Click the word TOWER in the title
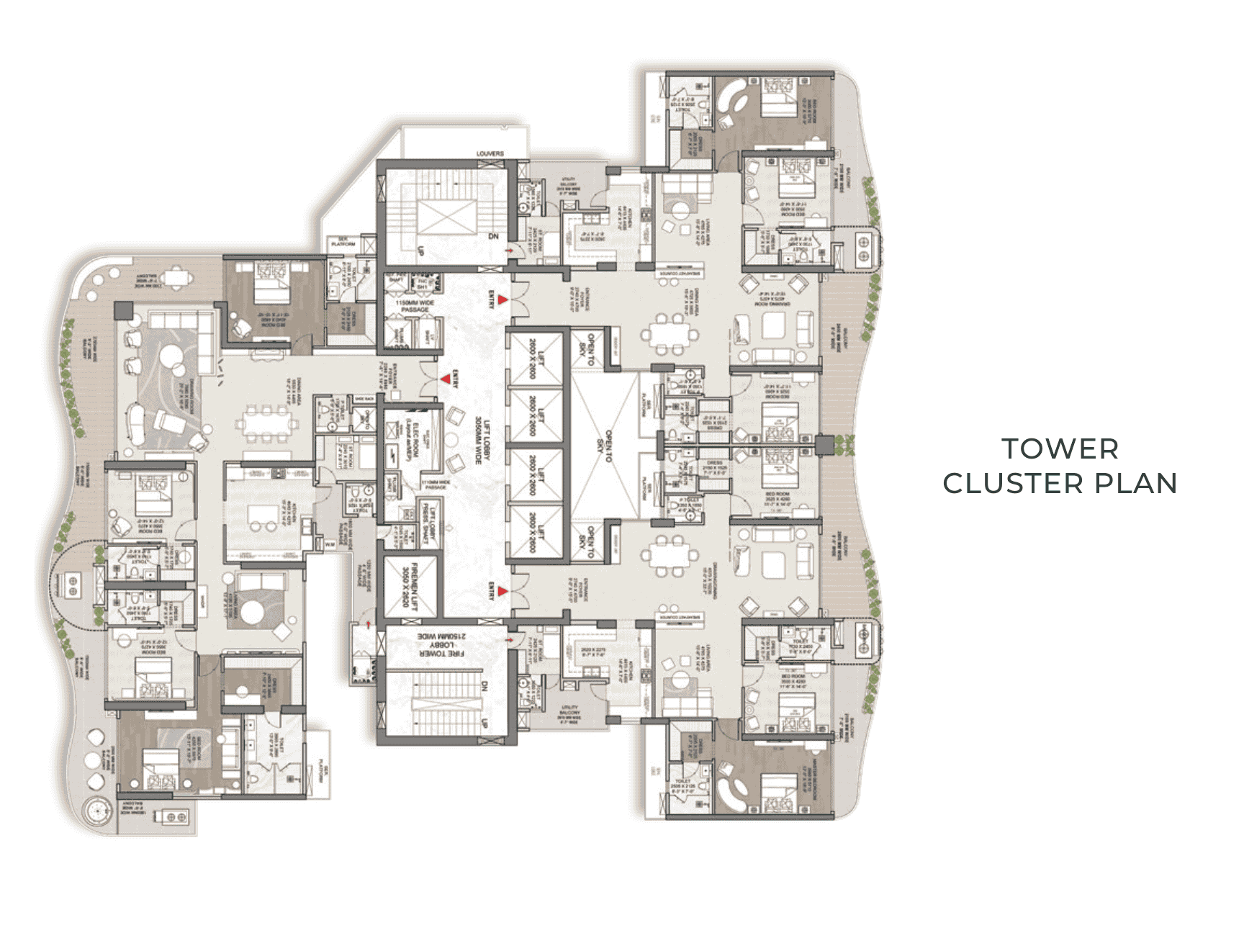pyautogui.click(x=1060, y=449)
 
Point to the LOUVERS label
pyautogui.click(x=490, y=153)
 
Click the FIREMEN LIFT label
pyautogui.click(x=410, y=584)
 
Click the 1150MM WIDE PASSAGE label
pyautogui.click(x=415, y=307)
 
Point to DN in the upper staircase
pyautogui.click(x=493, y=236)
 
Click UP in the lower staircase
pyautogui.click(x=484, y=722)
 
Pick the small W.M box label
pyautogui.click(x=330, y=544)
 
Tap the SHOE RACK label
pyautogui.click(x=363, y=398)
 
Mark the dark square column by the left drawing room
pyautogui.click(x=124, y=311)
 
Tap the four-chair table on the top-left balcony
pyautogui.click(x=173, y=277)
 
